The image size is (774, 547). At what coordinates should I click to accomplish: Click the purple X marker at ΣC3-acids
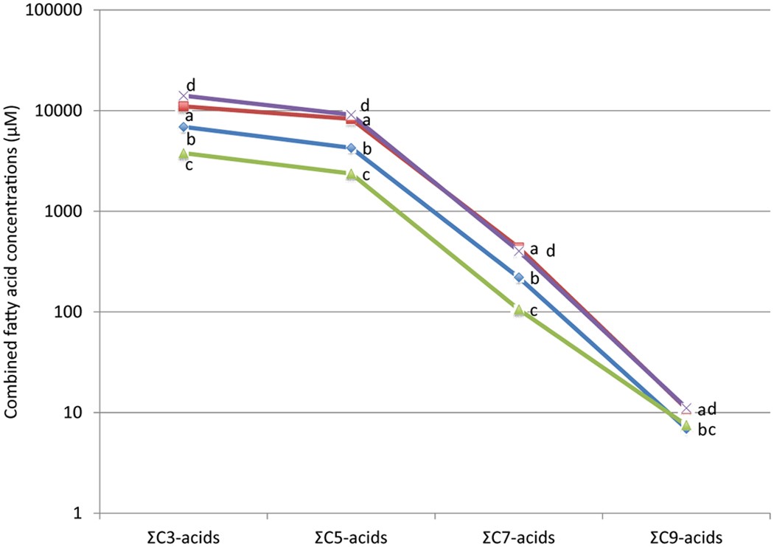(184, 96)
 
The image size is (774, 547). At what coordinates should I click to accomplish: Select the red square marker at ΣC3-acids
(184, 107)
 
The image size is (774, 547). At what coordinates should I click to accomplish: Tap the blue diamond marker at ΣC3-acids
(184, 128)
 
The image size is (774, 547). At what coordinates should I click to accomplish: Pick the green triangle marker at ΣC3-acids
(184, 154)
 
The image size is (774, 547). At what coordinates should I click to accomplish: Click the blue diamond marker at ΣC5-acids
(351, 148)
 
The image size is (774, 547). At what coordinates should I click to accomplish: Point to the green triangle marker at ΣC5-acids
(351, 174)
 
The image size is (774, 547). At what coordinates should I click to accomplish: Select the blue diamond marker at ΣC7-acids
(519, 278)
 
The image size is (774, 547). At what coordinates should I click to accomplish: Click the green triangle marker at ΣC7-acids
(519, 310)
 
